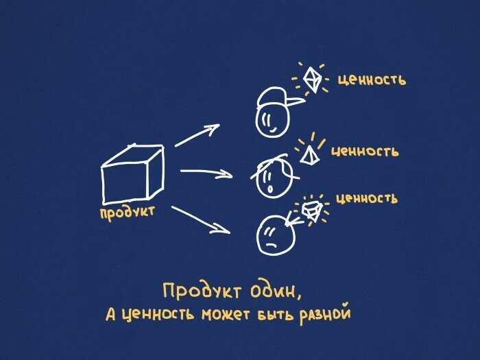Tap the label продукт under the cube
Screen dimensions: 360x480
click(x=127, y=213)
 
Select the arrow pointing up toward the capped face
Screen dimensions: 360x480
click(x=197, y=135)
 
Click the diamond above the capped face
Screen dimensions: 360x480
click(x=313, y=80)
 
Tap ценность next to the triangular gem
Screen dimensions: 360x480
click(x=364, y=150)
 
